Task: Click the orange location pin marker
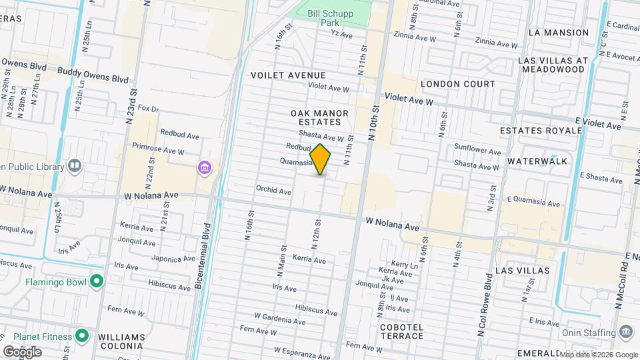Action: click(321, 159)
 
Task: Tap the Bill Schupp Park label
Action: click(339, 18)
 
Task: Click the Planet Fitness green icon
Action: click(82, 335)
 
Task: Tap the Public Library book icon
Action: click(74, 165)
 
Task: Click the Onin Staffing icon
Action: click(626, 332)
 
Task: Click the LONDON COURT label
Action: click(458, 84)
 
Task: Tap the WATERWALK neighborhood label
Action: click(537, 161)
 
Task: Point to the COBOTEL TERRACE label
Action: click(401, 331)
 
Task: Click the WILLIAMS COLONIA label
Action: click(121, 341)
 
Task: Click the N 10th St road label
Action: click(373, 121)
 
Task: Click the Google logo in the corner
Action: click(22, 351)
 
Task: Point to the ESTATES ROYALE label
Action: click(550, 130)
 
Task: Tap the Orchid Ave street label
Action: click(273, 191)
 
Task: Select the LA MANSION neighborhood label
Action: click(558, 32)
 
